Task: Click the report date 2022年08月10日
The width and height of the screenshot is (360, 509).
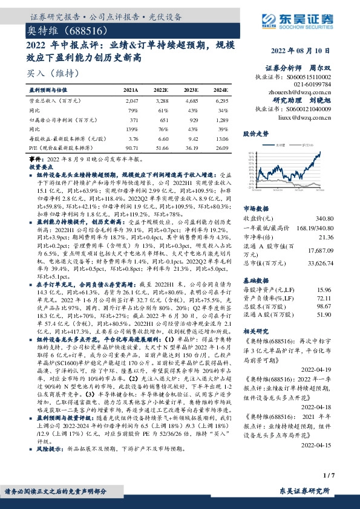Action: [x=301, y=50]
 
